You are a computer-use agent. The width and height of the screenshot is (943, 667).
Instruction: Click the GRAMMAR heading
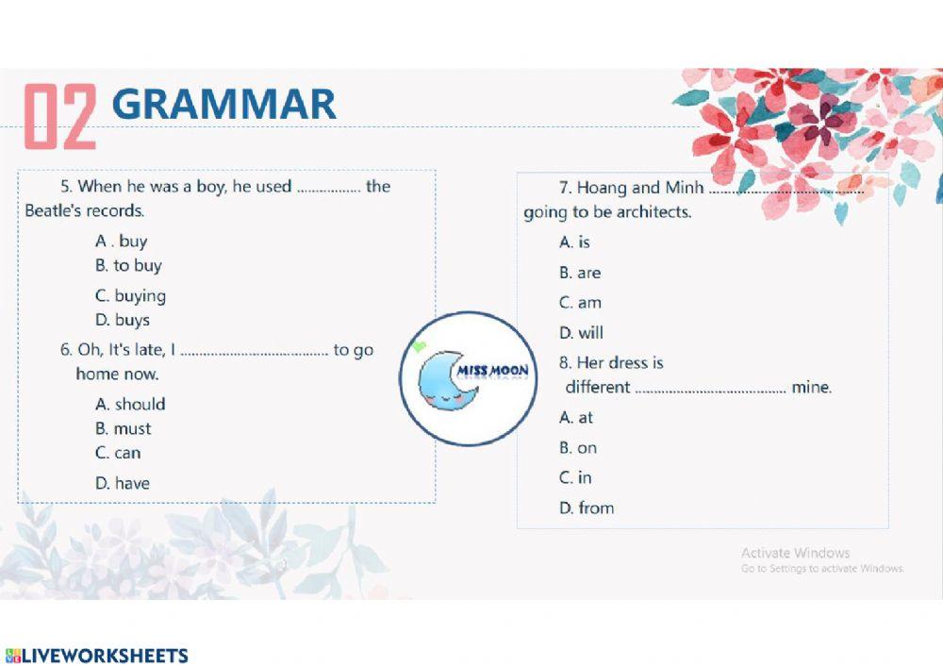pyautogui.click(x=223, y=105)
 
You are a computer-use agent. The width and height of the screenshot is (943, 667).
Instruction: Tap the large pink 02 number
pyautogui.click(x=60, y=116)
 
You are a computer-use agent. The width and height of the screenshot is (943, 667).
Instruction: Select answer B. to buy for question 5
pyautogui.click(x=128, y=265)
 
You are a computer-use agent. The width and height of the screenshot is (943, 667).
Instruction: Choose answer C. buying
pyautogui.click(x=130, y=296)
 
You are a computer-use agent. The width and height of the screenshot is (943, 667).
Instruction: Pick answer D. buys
pyautogui.click(x=123, y=320)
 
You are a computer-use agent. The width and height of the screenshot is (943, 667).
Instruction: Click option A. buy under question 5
pyautogui.click(x=121, y=242)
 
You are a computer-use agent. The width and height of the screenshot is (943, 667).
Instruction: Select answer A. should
pyautogui.click(x=130, y=404)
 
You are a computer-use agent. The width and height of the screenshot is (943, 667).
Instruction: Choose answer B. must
pyautogui.click(x=124, y=429)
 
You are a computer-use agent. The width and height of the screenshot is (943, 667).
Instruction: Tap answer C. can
pyautogui.click(x=118, y=453)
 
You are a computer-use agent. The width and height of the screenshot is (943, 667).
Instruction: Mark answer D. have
pyautogui.click(x=123, y=483)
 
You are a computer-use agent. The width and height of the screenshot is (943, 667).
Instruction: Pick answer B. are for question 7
pyautogui.click(x=580, y=273)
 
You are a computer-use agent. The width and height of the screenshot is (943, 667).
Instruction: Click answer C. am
pyautogui.click(x=580, y=303)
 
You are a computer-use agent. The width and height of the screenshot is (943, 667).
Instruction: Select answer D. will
pyautogui.click(x=581, y=333)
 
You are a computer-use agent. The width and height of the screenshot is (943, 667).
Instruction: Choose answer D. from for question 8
pyautogui.click(x=587, y=509)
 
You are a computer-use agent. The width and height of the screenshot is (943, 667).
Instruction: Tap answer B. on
pyautogui.click(x=578, y=448)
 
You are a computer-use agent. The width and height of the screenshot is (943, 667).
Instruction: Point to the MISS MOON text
pyautogui.click(x=492, y=371)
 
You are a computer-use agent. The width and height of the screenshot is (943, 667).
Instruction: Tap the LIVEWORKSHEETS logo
pyautogui.click(x=97, y=655)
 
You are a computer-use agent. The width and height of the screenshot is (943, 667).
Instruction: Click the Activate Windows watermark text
pyautogui.click(x=795, y=553)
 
